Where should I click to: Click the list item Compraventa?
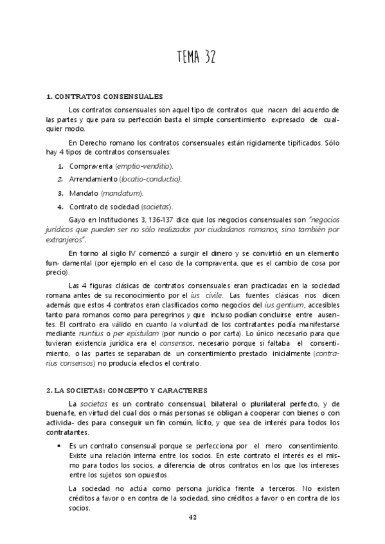click(91, 166)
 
